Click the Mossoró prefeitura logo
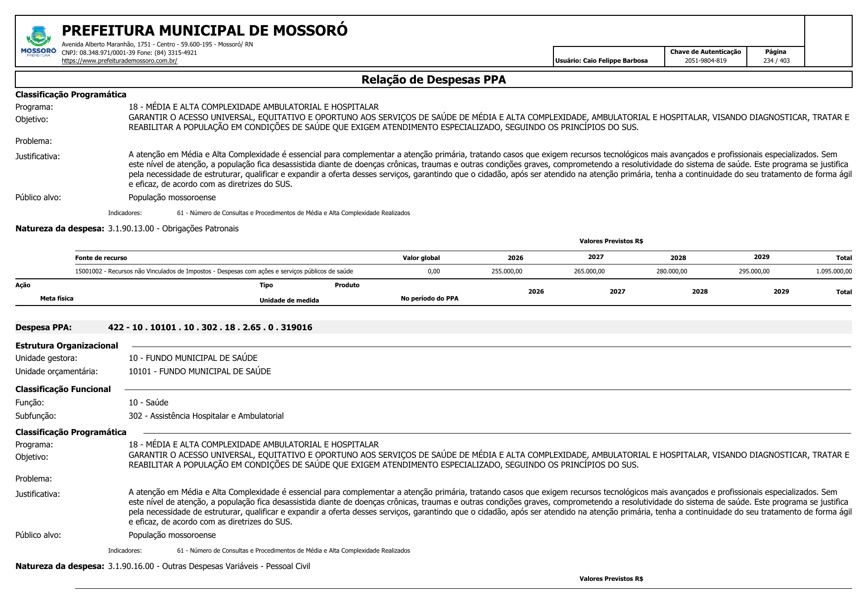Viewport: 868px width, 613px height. [x=39, y=42]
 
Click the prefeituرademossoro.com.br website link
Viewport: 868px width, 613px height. [x=119, y=61]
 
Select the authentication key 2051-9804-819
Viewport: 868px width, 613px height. [x=705, y=61]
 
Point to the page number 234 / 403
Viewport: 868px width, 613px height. [x=776, y=61]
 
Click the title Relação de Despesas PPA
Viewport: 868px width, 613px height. [x=433, y=80]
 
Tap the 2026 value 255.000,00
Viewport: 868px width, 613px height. [x=506, y=271]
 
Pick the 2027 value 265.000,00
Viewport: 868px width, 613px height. [x=589, y=271]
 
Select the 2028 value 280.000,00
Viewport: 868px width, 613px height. [x=671, y=271]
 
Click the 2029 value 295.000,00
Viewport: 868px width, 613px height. [x=754, y=271]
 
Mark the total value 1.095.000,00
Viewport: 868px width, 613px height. [x=833, y=271]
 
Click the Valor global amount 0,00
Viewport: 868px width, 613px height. [x=433, y=271]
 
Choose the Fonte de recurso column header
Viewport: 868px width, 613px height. [x=101, y=258]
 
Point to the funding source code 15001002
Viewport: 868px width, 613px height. [x=89, y=271]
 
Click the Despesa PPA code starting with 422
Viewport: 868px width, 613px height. [x=210, y=327]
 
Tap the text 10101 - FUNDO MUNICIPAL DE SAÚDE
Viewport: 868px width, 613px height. [x=199, y=371]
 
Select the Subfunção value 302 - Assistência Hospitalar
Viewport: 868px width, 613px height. [x=206, y=416]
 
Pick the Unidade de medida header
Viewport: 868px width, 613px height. [x=289, y=301]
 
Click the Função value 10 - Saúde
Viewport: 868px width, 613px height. [x=148, y=402]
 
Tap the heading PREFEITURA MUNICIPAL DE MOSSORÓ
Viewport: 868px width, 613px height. [x=204, y=31]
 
